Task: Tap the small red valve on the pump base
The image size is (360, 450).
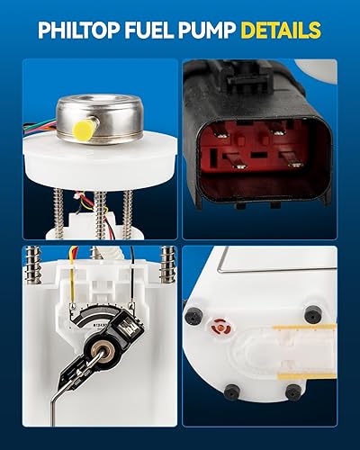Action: pyautogui.click(x=216, y=321)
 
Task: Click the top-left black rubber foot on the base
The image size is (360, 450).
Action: pyautogui.click(x=192, y=315)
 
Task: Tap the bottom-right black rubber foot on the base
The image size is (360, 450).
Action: pyautogui.click(x=292, y=391)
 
